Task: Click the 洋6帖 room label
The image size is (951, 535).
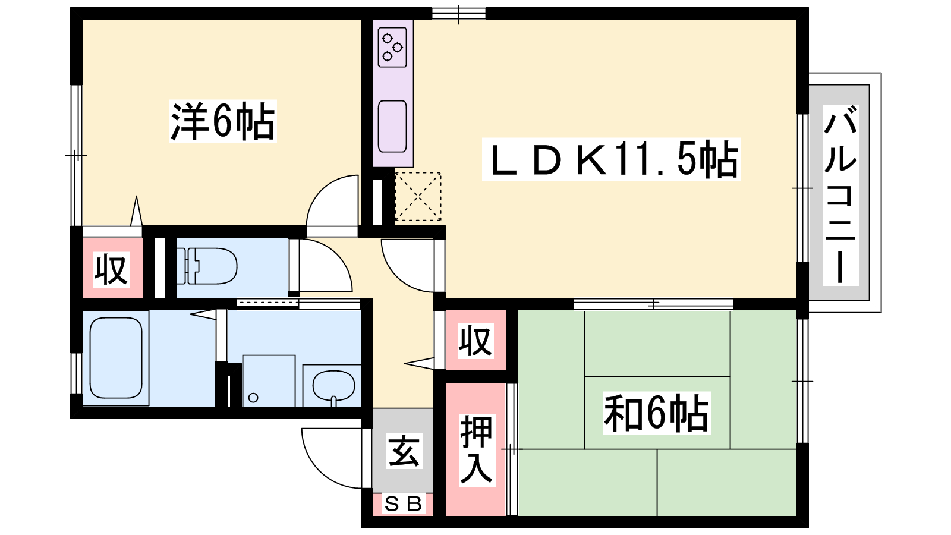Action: point(222,121)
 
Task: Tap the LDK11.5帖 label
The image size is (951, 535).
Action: point(612,159)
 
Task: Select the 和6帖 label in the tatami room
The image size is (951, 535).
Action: point(656,413)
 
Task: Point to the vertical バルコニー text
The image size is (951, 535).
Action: point(840,195)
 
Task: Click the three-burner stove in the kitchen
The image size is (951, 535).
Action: point(392,47)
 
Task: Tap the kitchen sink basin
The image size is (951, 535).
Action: point(392,126)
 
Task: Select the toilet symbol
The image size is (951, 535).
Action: point(207,266)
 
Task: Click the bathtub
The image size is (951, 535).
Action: point(116,358)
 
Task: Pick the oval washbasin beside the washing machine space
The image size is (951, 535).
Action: point(333,386)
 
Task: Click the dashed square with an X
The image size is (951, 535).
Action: point(418,196)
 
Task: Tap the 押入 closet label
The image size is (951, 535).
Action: point(476,450)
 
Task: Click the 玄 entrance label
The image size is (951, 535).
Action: point(404,451)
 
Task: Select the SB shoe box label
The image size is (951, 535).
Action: point(404,504)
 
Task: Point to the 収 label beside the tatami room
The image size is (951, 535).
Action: point(476,341)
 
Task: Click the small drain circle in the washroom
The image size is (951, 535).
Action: point(253,398)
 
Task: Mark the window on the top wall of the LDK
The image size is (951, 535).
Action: point(458,13)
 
